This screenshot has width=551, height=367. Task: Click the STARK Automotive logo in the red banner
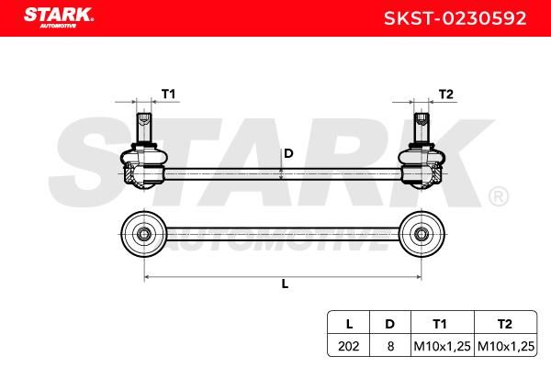coord(59,17)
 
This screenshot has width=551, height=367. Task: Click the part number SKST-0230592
coord(455,18)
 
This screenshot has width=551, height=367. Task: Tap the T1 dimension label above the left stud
coord(168,95)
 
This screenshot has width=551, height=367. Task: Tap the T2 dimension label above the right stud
coord(446,95)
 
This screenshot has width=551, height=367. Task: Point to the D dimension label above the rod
coord(288,153)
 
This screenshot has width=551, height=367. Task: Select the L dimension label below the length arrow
coord(285,284)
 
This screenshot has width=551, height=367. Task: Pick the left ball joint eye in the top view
coord(143,234)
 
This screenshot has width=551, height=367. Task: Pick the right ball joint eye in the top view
coord(422,234)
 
